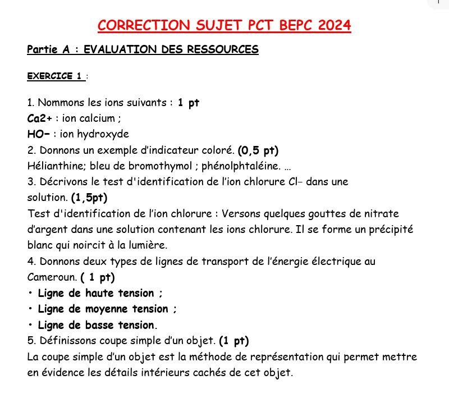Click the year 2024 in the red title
(334, 25)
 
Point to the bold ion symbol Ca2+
(39, 118)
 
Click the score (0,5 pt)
(258, 150)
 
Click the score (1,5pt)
(89, 198)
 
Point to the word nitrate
(381, 213)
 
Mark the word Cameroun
(52, 277)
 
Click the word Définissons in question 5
(65, 341)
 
